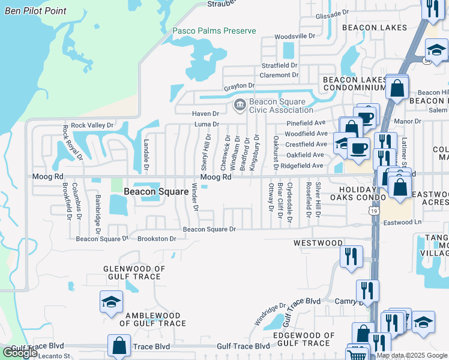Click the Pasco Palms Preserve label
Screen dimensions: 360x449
click(x=214, y=31)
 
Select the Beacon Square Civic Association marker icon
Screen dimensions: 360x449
click(x=240, y=106)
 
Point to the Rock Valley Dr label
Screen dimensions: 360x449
click(x=92, y=125)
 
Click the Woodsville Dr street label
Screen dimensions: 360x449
click(x=295, y=37)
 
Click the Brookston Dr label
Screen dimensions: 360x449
click(x=157, y=238)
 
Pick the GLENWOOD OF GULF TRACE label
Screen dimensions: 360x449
click(x=133, y=272)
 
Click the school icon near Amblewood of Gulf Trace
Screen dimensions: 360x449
click(x=111, y=302)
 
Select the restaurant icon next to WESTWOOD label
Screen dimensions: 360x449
click(x=351, y=256)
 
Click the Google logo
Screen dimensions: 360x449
click(x=20, y=353)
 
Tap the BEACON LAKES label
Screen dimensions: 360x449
click(x=375, y=28)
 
